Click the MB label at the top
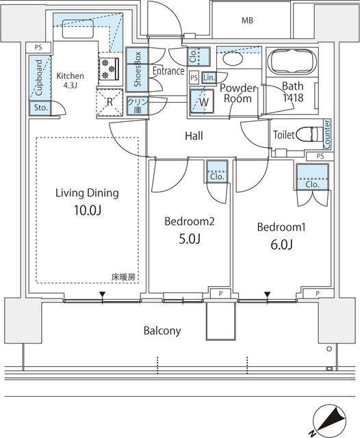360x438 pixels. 246,21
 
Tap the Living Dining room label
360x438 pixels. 87,193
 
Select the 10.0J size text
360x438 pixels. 87,210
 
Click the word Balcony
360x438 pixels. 162,331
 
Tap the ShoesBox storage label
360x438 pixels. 138,68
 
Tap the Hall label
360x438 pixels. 194,136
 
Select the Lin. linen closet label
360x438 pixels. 208,77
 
